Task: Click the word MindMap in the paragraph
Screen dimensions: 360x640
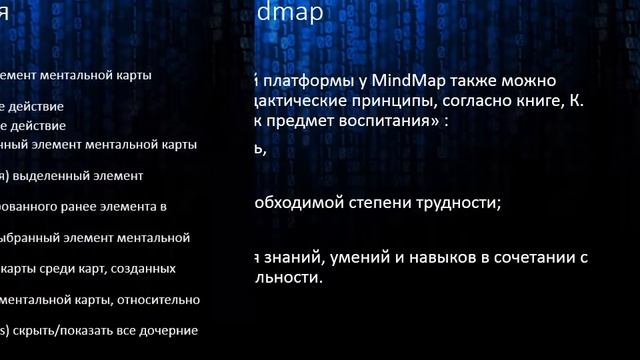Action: tap(409, 80)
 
